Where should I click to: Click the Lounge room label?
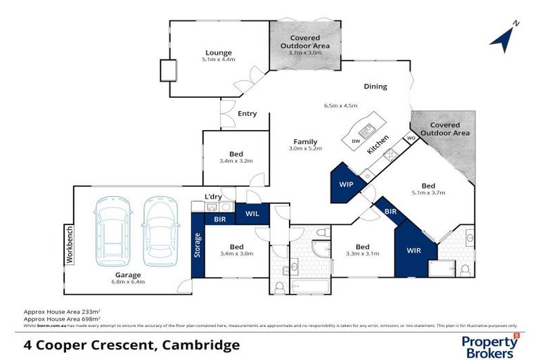(218, 53)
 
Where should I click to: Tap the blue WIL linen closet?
(252, 214)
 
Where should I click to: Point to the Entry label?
(247, 114)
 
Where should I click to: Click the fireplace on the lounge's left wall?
(169, 71)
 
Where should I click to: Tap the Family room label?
(305, 141)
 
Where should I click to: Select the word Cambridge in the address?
(201, 345)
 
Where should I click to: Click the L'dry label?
(213, 196)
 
